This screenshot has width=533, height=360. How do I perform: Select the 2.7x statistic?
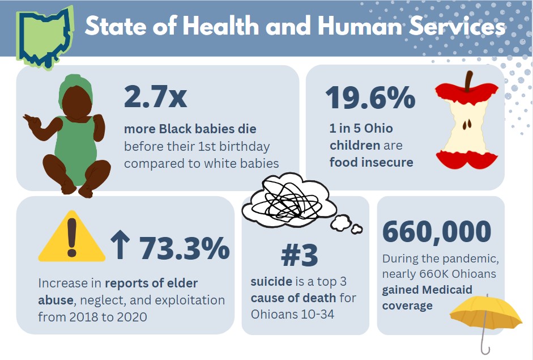point(155,96)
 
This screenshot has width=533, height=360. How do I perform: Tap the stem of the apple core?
point(468,83)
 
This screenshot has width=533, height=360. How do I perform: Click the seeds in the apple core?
point(467,124)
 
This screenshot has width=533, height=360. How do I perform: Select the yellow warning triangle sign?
point(72,238)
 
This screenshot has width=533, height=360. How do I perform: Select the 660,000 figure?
point(437,231)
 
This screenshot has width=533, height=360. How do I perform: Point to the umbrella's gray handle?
point(483,343)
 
